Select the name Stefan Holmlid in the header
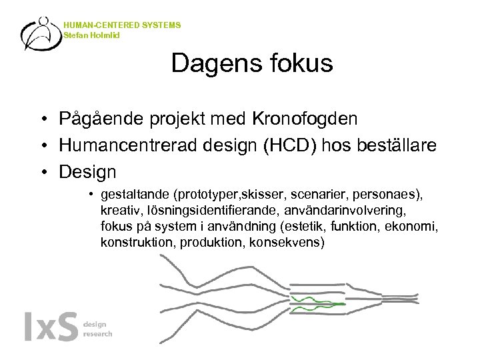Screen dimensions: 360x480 (x=92, y=35)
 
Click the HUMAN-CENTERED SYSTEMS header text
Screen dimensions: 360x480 (x=122, y=25)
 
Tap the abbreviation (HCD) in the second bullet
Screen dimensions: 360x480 (x=295, y=146)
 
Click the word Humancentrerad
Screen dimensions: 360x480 (x=129, y=146)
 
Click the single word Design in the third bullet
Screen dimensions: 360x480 (x=87, y=173)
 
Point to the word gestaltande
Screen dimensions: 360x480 (x=135, y=196)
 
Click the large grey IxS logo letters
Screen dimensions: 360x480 (x=51, y=328)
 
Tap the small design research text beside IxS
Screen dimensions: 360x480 (x=97, y=329)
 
